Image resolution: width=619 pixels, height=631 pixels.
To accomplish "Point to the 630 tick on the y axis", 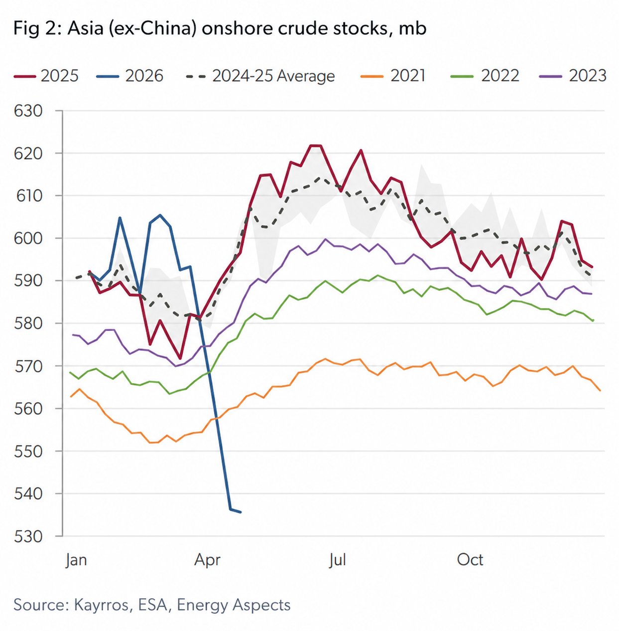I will pos(29,111).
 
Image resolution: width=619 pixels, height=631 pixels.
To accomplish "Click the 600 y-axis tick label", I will pos(29,238).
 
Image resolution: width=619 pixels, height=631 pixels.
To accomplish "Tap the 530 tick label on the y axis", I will pos(29,536).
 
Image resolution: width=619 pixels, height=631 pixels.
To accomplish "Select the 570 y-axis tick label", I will pos(29,366).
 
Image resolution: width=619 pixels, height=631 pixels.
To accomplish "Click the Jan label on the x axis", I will pos(76,560).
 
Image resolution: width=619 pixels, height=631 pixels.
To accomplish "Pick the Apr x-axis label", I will pos(207,560).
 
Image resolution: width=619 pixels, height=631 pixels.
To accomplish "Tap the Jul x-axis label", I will pos(337,560).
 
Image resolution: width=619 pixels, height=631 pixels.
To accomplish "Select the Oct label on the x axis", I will pos(470,560).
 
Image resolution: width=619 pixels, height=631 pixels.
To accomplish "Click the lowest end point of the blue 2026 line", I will pos(241,512).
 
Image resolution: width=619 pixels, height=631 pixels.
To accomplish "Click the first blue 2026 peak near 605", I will pos(120,218).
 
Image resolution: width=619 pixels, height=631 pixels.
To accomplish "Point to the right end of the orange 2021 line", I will pos(600,391).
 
